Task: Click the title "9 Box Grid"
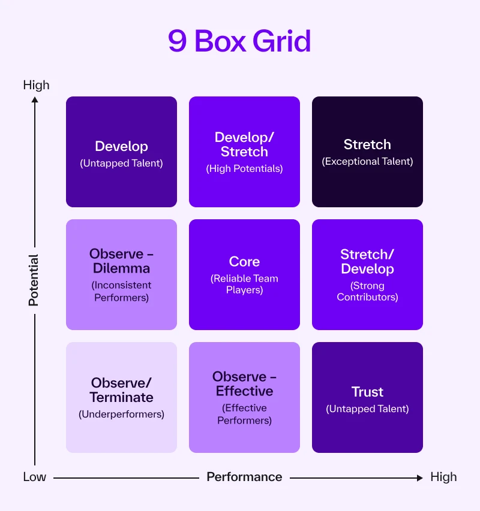[x=239, y=41]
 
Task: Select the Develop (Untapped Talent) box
[x=121, y=152]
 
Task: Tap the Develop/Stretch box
[x=244, y=152]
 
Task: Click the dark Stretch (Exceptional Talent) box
[x=367, y=152]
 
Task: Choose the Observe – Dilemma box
[x=121, y=274]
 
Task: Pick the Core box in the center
[x=244, y=274]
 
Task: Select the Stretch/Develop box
[x=367, y=274]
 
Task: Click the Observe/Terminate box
[x=121, y=397]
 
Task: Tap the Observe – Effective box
[x=244, y=397]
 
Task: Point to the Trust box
[x=367, y=397]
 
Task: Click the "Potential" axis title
[x=34, y=280]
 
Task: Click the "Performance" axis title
[x=244, y=477]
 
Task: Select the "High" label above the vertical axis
[x=36, y=85]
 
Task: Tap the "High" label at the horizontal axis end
[x=443, y=477]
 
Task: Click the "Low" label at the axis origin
[x=34, y=477]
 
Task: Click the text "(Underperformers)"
[x=121, y=414]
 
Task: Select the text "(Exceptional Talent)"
[x=367, y=161]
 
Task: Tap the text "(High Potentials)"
[x=244, y=168]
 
